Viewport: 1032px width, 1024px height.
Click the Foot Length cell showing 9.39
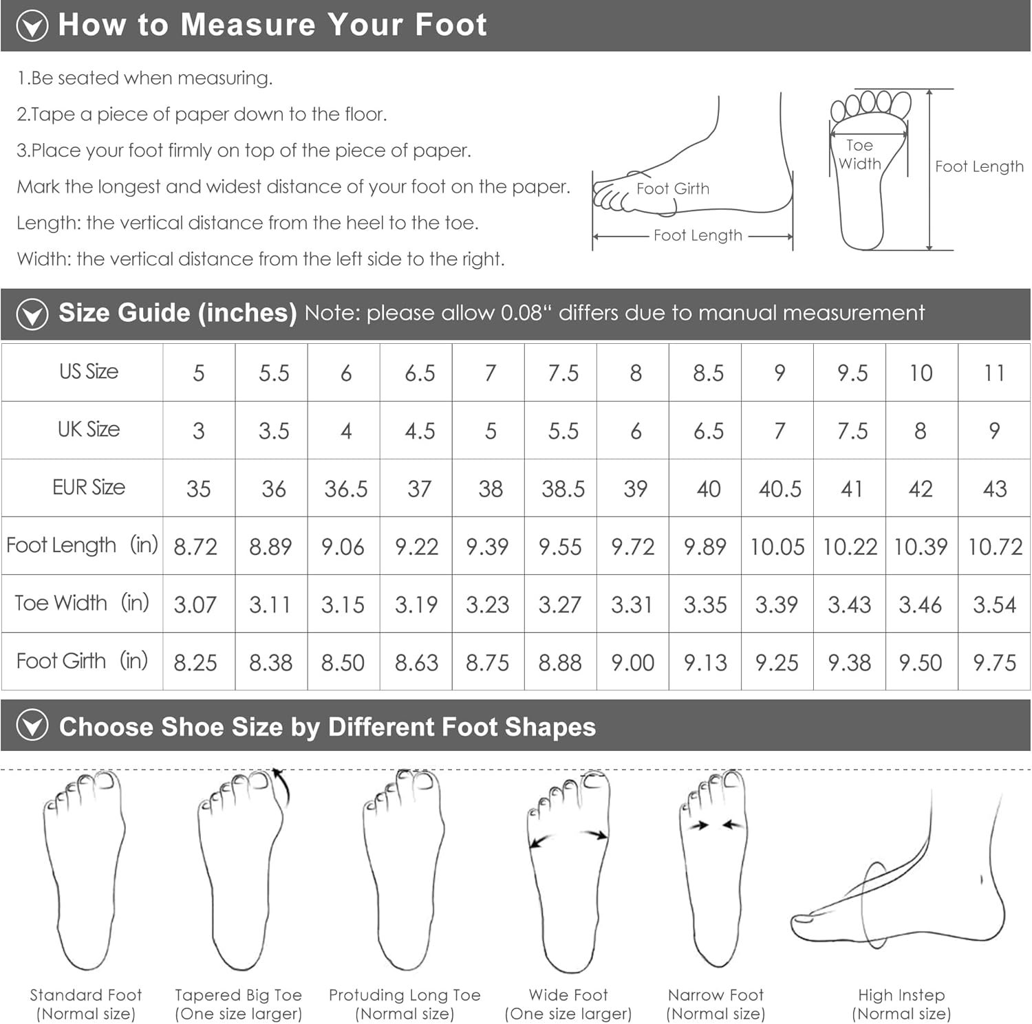coord(487,547)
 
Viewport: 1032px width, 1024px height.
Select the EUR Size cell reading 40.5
coord(780,489)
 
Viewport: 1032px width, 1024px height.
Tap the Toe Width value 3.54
coord(994,604)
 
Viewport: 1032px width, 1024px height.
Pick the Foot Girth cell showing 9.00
coord(632,663)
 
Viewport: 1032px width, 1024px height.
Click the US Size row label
coord(89,371)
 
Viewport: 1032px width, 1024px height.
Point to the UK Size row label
coord(89,429)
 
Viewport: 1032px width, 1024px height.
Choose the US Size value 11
coord(994,373)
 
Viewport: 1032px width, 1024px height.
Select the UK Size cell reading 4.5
coord(420,431)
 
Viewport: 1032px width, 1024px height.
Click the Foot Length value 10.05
coord(777,547)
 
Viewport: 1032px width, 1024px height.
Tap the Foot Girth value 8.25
coord(195,663)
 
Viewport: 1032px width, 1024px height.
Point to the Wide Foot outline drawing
coord(568,872)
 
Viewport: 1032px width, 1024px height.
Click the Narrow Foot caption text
coord(716,1004)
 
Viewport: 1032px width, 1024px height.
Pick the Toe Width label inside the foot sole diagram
coord(859,155)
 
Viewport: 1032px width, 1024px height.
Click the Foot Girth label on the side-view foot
coord(673,188)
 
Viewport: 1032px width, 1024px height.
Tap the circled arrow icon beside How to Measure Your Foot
coord(32,26)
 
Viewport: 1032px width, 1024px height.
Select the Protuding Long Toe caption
coord(405,1004)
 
